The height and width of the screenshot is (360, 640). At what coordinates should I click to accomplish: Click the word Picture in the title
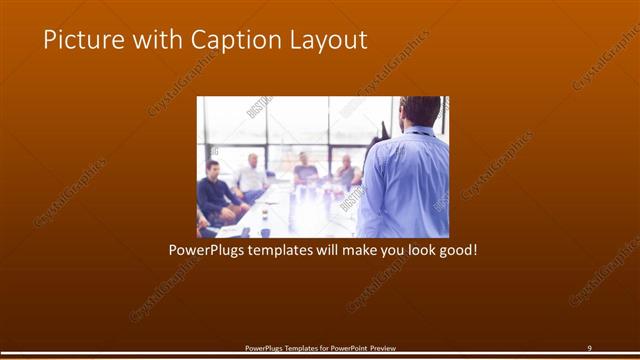click(77, 41)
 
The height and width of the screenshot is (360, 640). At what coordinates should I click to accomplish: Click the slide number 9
click(589, 347)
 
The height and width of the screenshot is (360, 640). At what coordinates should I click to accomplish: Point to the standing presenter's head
click(420, 109)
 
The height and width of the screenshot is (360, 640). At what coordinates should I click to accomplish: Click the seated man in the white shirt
click(251, 177)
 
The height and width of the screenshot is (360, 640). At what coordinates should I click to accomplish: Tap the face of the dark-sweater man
click(212, 168)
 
